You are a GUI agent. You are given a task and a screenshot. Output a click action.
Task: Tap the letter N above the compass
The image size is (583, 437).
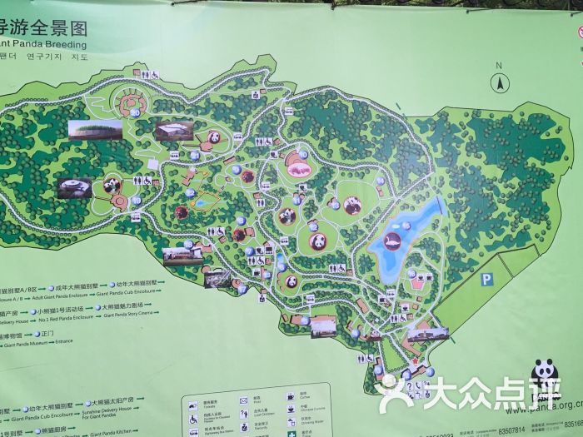pos(498,65)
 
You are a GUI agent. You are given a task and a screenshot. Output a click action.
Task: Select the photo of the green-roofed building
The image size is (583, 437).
pos(94,130)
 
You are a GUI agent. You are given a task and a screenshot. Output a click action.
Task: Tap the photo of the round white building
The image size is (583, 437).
pos(74,187)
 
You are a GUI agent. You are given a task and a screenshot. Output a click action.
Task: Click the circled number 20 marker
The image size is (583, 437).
pos(135,112)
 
